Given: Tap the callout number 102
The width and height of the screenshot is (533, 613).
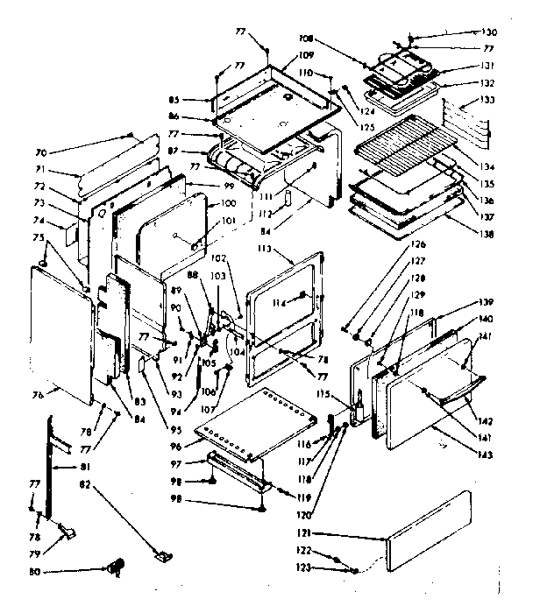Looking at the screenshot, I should (218, 258).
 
